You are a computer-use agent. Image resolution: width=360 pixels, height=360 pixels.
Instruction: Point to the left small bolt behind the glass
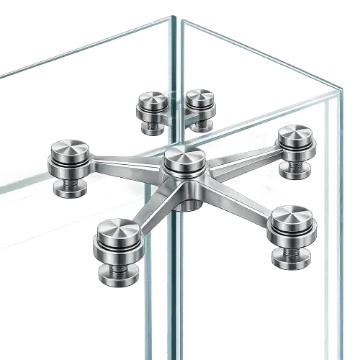pos(152,102)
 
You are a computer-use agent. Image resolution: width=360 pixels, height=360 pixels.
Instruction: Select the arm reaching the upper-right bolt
pos(245,159)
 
